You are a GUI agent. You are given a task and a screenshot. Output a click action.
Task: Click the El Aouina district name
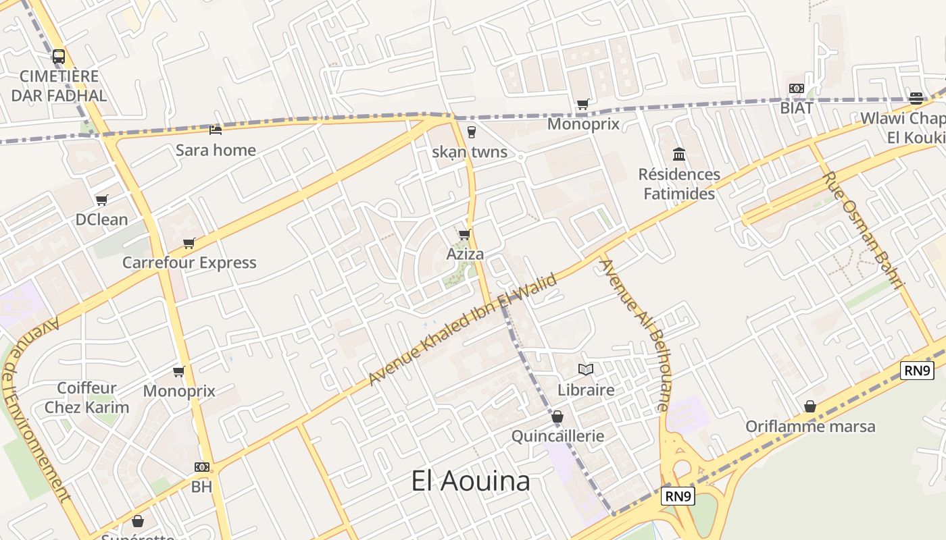point(470,481)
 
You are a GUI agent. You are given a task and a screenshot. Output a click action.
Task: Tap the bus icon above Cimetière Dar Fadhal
point(59,57)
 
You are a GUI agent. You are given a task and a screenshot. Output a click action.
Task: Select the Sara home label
point(216,150)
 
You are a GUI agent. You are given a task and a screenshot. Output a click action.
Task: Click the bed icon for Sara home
point(216,130)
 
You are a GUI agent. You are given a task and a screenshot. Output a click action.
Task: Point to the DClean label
point(101,219)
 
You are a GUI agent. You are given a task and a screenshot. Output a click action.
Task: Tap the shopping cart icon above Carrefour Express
point(189,243)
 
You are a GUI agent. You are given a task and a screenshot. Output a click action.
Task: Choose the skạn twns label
point(470,152)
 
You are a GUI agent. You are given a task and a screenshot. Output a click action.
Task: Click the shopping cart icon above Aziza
point(464,235)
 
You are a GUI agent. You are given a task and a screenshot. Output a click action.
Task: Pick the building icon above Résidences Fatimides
point(679,155)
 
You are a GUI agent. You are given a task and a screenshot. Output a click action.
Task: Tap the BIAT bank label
point(797,107)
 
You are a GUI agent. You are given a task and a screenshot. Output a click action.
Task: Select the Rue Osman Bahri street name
point(864,230)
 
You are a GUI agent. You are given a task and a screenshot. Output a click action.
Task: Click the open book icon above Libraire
point(586,370)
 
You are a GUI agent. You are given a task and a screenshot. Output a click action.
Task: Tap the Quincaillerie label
point(557,436)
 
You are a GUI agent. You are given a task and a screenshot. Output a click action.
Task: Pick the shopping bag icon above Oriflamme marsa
point(810,406)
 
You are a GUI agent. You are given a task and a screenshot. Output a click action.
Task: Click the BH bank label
point(201,486)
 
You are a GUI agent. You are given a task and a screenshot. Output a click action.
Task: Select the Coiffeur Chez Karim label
point(86,398)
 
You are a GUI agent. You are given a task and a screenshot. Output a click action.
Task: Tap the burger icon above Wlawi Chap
point(916,98)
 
